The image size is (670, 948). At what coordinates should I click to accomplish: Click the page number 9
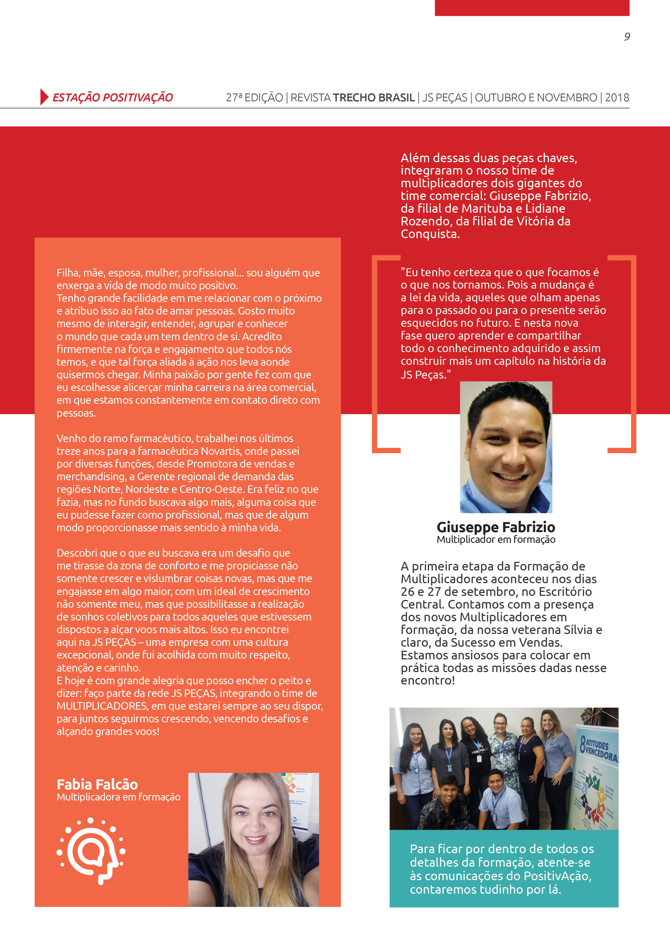627,37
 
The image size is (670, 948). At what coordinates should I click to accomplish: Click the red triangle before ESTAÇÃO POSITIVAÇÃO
44,97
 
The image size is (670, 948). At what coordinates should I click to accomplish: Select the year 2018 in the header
617,98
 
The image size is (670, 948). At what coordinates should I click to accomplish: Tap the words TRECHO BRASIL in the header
374,98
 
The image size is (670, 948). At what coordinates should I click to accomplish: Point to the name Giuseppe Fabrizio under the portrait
496,527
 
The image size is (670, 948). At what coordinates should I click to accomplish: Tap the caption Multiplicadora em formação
119,797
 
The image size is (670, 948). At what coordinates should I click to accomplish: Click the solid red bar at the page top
532,8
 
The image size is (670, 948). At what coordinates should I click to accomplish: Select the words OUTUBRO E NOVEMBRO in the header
536,98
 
